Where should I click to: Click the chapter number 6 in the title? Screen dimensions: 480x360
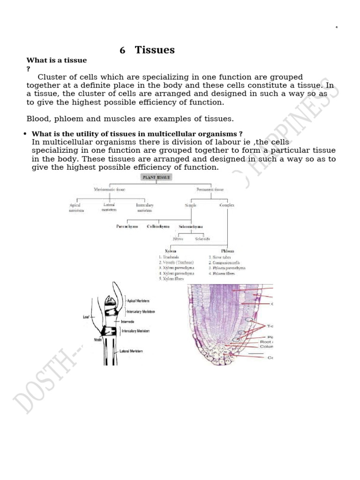pyautogui.click(x=122, y=50)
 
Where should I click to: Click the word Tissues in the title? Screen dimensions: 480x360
pyautogui.click(x=155, y=50)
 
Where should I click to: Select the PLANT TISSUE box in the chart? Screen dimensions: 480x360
pyautogui.click(x=157, y=177)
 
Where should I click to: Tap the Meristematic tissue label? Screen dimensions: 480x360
pyautogui.click(x=110, y=189)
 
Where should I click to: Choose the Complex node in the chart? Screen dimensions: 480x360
pyautogui.click(x=227, y=205)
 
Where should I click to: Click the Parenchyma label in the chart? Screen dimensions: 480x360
pyautogui.click(x=127, y=226)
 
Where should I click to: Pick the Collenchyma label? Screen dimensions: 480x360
pyautogui.click(x=158, y=226)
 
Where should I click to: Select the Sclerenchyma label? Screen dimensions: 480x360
pyautogui.click(x=190, y=226)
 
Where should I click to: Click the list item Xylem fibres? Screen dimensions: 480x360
pyautogui.click(x=172, y=278)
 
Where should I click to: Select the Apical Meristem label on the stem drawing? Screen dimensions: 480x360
pyautogui.click(x=141, y=300)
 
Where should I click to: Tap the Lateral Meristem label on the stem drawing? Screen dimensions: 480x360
pyautogui.click(x=131, y=351)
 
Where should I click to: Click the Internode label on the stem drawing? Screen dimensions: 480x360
pyautogui.click(x=127, y=322)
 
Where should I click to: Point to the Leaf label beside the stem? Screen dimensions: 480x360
pyautogui.click(x=86, y=317)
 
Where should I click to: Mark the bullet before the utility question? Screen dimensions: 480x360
pyautogui.click(x=24, y=134)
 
